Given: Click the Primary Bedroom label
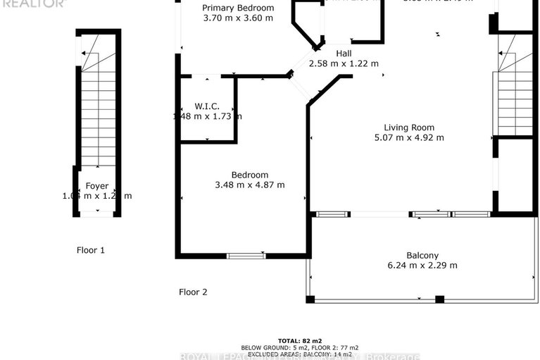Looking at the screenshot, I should (237, 8).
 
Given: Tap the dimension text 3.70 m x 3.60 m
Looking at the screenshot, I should (237, 18).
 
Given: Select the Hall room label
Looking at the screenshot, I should (344, 54).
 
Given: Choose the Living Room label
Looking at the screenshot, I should (409, 128).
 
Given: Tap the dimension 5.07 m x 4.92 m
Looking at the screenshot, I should (409, 137).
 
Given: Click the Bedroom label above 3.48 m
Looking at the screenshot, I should (250, 175).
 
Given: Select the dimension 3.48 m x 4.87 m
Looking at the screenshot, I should (250, 185).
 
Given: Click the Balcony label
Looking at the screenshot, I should (422, 255).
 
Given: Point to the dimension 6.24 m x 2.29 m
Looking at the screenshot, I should (422, 266).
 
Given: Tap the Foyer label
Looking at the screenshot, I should (97, 186).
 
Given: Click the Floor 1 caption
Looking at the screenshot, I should (91, 249).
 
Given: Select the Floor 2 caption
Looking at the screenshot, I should (193, 292).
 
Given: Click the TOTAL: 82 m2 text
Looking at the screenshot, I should (299, 340).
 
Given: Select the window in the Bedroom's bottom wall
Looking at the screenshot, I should (246, 256).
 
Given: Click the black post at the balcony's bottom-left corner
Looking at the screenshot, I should (310, 299).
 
